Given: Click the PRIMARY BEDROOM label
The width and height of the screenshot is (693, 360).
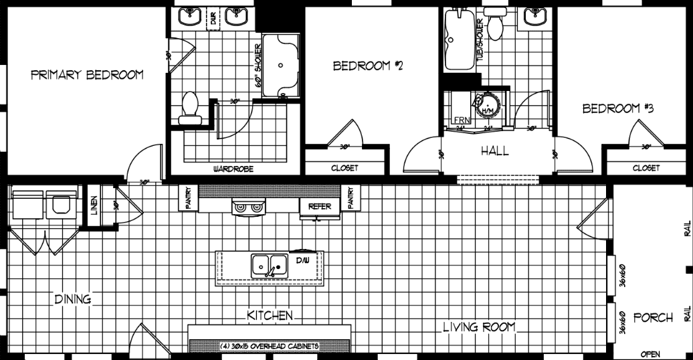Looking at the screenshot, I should tap(87, 75).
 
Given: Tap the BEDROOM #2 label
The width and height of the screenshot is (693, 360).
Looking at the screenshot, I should tap(367, 66).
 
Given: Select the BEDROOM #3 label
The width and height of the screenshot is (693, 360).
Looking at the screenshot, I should tap(617, 109).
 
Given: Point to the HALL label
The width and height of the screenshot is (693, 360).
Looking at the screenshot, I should tap(494, 151).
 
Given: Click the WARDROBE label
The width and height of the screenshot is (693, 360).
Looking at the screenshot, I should tap(233, 169).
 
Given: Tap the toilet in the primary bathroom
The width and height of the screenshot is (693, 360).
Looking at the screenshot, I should tap(191, 109).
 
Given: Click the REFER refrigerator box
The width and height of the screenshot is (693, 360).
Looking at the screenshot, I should tap(320, 207).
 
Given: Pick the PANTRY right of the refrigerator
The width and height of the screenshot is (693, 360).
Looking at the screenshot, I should tap(351, 198).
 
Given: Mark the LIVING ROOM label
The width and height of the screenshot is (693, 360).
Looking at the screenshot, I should tap(479, 327).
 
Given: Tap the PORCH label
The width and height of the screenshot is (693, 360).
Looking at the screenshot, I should tap(653, 317).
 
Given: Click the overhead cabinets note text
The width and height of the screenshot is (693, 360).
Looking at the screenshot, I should tap(269, 346).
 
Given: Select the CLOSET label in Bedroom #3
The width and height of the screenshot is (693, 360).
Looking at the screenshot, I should tap(646, 169).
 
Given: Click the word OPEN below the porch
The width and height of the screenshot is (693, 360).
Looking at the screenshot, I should tap(650, 353).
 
